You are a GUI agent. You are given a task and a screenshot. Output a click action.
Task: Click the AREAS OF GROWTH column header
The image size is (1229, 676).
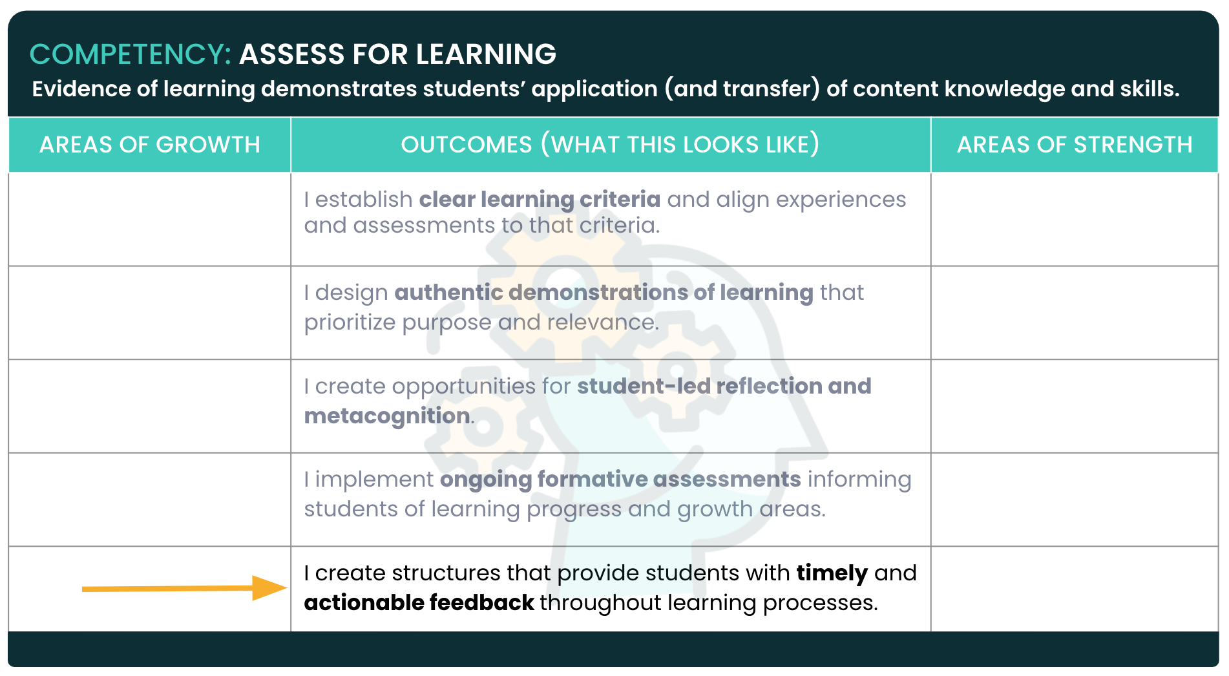(x=150, y=145)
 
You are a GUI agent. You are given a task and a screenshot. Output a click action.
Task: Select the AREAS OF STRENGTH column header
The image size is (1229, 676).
(x=1075, y=145)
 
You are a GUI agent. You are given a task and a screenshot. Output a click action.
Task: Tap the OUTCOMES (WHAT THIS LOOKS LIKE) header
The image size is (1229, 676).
(x=610, y=145)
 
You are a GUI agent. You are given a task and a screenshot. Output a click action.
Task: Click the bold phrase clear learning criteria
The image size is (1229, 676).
(x=540, y=200)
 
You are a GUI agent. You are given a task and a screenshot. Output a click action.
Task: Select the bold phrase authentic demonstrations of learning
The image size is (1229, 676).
(x=604, y=293)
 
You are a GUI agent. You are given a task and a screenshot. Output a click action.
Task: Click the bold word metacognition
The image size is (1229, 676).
(x=387, y=416)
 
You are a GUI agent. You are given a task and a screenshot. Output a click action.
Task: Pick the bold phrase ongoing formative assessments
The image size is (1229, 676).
(x=620, y=480)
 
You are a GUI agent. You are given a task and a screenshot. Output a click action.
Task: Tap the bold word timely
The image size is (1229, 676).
(x=832, y=573)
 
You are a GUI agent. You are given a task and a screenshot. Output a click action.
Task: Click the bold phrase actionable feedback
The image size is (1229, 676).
(x=419, y=602)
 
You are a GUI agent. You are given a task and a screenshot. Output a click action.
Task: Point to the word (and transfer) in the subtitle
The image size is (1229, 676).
(x=742, y=89)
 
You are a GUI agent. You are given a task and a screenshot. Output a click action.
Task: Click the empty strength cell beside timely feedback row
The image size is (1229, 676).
(x=1075, y=589)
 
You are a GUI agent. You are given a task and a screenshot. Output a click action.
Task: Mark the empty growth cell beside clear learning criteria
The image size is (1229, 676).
(x=150, y=219)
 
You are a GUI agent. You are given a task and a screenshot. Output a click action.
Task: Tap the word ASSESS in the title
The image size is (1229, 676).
(x=293, y=54)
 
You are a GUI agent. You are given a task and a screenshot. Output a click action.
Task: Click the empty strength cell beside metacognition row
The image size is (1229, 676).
(x=1075, y=406)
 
